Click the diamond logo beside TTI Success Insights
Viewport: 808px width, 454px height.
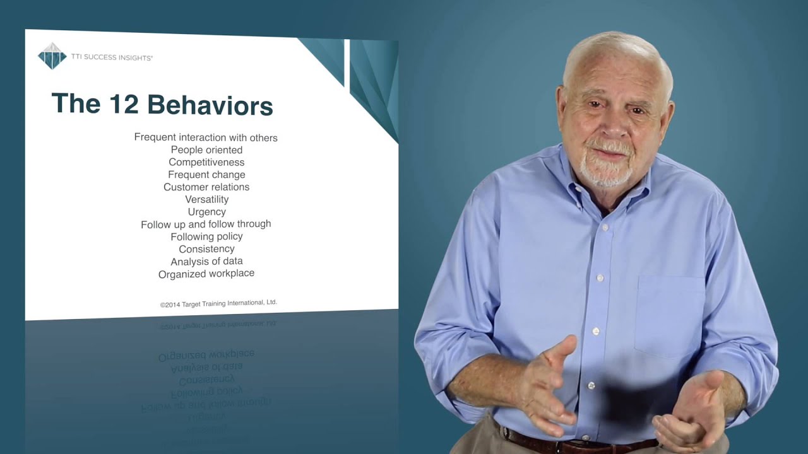point(52,56)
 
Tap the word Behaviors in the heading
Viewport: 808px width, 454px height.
point(210,105)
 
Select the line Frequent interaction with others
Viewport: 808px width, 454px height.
point(206,137)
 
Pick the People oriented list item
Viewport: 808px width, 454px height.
point(206,149)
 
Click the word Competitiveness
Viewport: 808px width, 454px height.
point(206,162)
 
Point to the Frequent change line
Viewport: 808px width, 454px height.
point(206,175)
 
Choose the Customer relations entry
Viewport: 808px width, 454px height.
point(206,187)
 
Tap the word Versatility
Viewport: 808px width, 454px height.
point(206,199)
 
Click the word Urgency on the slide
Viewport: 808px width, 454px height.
point(206,212)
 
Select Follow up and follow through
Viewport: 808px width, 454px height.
point(206,224)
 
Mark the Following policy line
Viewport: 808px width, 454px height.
point(206,236)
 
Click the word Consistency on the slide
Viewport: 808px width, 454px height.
point(206,249)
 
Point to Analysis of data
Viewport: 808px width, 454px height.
point(206,261)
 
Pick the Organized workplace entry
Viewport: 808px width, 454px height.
point(206,274)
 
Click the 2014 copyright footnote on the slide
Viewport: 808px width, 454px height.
point(218,303)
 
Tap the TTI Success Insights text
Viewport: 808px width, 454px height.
point(112,57)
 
